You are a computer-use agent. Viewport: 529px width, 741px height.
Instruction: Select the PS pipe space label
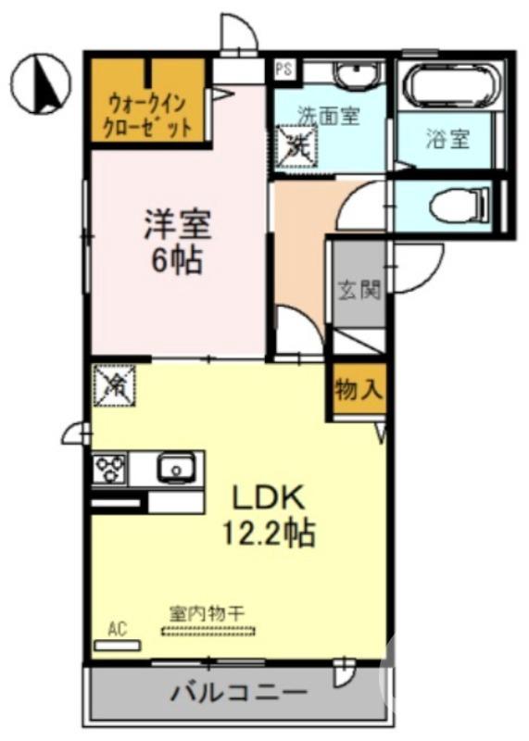point(283,68)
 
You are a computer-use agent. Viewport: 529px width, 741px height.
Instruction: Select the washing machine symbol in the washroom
point(298,146)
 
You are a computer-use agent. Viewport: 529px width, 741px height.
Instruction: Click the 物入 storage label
point(359,390)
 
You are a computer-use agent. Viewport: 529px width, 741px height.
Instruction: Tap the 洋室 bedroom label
point(178,225)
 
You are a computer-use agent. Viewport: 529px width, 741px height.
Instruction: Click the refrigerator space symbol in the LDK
point(114,383)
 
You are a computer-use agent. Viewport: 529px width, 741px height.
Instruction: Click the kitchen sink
point(174,468)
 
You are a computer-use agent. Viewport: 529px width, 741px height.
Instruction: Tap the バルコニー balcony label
point(239,692)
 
